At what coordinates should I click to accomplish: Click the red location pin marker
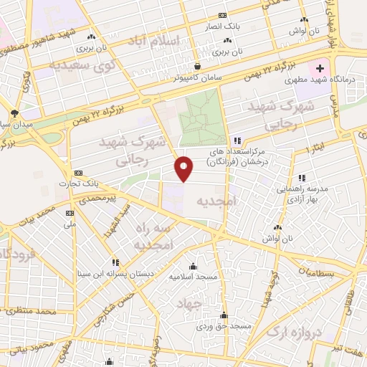click(x=184, y=168)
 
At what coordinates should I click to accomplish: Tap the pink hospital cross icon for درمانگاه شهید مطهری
click(x=320, y=67)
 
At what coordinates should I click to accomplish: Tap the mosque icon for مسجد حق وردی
click(x=224, y=315)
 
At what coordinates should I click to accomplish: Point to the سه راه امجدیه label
click(x=154, y=237)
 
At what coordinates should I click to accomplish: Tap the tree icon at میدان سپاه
click(x=16, y=113)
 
